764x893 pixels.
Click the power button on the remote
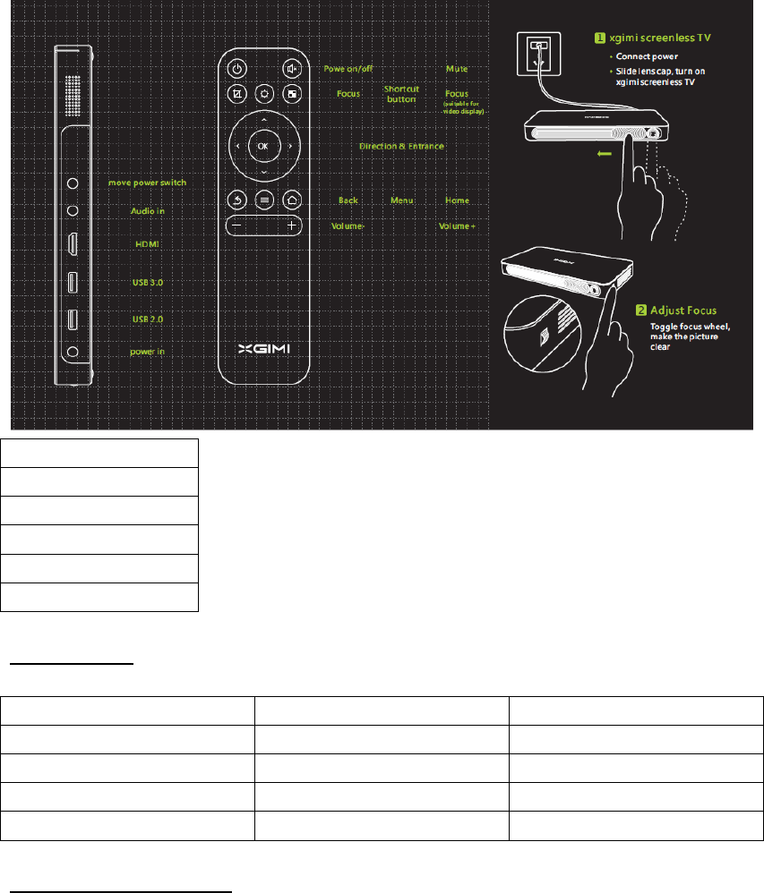pos(236,68)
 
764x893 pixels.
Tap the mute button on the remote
pos(292,68)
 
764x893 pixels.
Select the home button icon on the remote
pos(292,200)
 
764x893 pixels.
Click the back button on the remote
pos(236,200)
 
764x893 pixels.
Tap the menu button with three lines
pos(263,200)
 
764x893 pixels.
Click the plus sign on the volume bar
pos(292,226)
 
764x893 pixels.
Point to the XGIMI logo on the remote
pos(264,348)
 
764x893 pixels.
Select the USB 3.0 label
pos(148,282)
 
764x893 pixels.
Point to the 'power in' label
pos(148,352)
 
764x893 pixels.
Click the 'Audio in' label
pos(148,211)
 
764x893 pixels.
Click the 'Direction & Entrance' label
pos(401,146)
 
